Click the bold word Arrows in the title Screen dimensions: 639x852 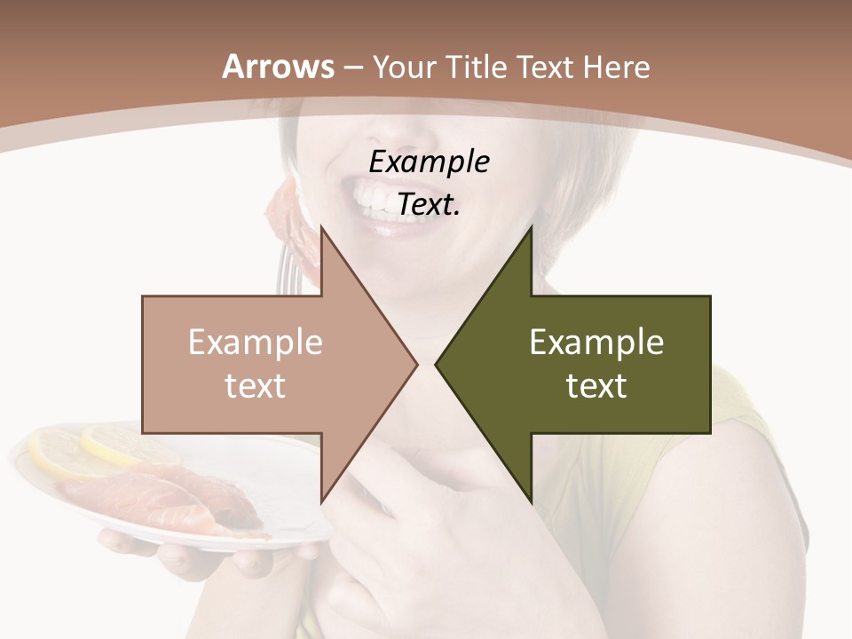pyautogui.click(x=278, y=67)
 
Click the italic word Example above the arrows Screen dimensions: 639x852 pyautogui.click(x=429, y=162)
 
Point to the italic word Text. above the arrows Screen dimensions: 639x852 pyautogui.click(x=429, y=204)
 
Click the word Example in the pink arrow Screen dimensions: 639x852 pyautogui.click(x=255, y=343)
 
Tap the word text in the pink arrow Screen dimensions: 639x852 pyautogui.click(x=255, y=385)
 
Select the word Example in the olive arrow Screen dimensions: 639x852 pyautogui.click(x=596, y=343)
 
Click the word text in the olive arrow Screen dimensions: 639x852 pyautogui.click(x=596, y=385)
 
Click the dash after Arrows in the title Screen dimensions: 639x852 pyautogui.click(x=351, y=67)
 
